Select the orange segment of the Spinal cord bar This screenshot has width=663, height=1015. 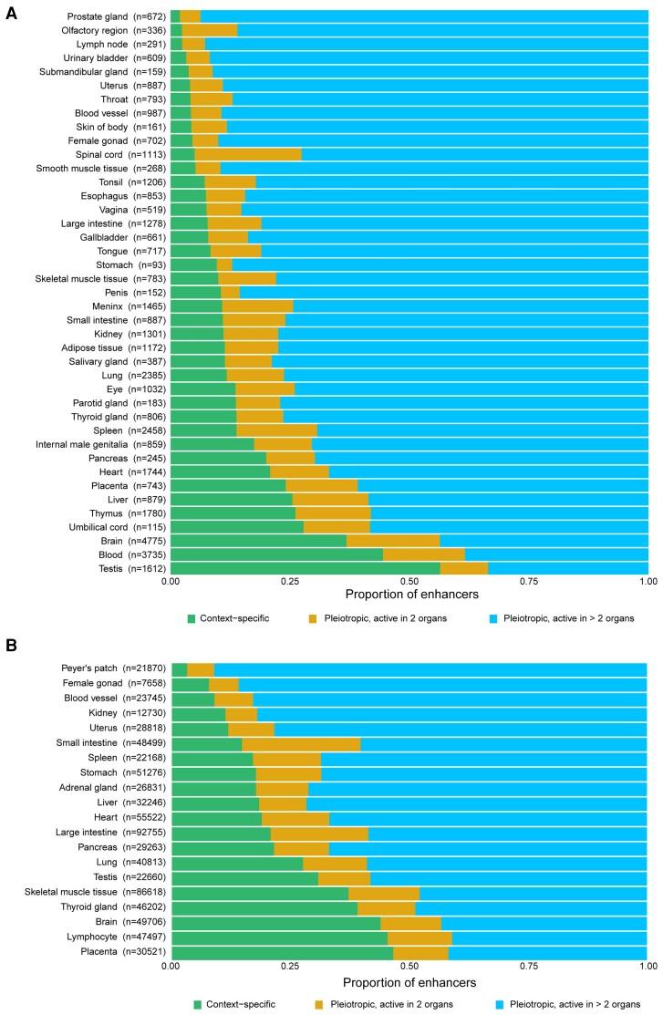coord(248,154)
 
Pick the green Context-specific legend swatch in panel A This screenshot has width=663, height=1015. coord(192,619)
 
